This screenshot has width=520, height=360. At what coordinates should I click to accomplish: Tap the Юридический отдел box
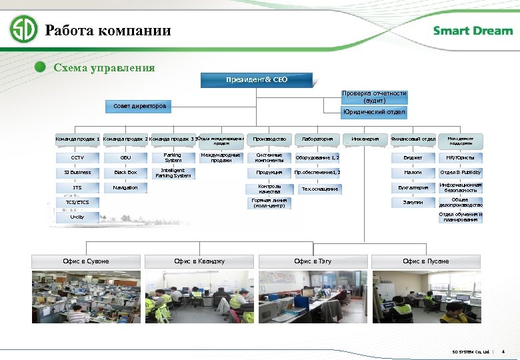374,112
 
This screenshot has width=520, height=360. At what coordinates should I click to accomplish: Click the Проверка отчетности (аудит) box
374,97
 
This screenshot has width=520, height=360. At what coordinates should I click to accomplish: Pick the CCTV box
77,158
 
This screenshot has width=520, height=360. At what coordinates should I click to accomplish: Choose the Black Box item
125,172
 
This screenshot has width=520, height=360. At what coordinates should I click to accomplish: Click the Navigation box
125,188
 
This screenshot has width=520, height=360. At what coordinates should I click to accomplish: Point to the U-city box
77,217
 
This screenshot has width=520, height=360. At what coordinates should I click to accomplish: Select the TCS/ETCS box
77,202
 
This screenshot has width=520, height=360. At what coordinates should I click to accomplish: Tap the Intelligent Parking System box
173,173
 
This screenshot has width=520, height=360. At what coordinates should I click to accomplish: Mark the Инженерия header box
365,139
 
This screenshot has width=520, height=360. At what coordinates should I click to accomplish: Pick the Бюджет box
413,158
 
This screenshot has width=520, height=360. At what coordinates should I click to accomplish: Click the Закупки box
413,202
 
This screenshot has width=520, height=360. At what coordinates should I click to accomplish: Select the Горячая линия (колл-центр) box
269,203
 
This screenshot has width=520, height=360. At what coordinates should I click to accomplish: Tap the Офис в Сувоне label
86,261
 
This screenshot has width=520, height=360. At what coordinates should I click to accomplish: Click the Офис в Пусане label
426,261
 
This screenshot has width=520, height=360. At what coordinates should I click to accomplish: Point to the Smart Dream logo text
473,31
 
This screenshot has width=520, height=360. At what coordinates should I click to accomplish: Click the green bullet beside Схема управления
41,67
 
